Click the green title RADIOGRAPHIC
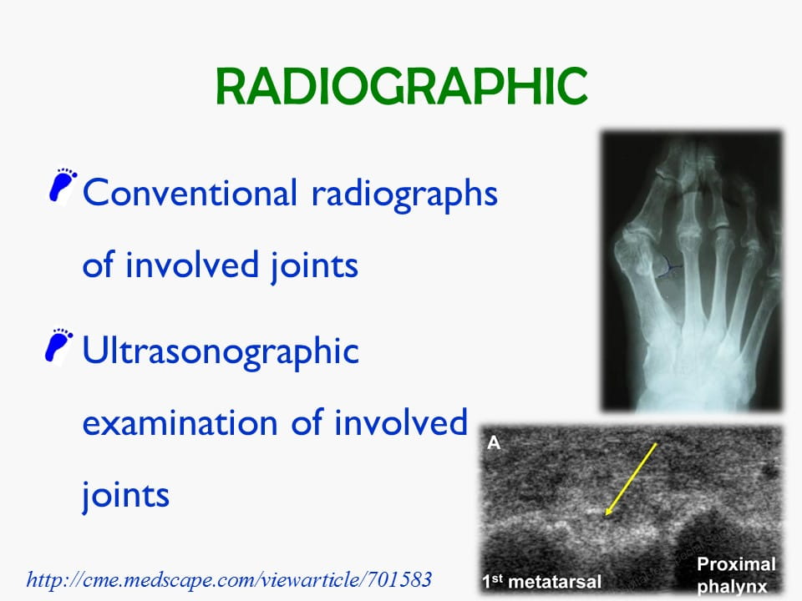[402, 86]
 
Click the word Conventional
[190, 193]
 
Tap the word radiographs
[404, 194]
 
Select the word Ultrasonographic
[221, 352]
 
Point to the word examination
[180, 423]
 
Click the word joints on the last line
[126, 495]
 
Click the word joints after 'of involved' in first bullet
[315, 265]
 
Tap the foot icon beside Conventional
[63, 186]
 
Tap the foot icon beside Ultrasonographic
[59, 346]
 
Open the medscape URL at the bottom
[229, 579]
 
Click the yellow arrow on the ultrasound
[631, 479]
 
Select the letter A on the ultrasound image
[494, 442]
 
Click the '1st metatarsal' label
[541, 581]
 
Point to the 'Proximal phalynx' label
[736, 575]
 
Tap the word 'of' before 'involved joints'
[98, 265]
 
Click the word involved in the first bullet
[192, 265]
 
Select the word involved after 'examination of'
[401, 422]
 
